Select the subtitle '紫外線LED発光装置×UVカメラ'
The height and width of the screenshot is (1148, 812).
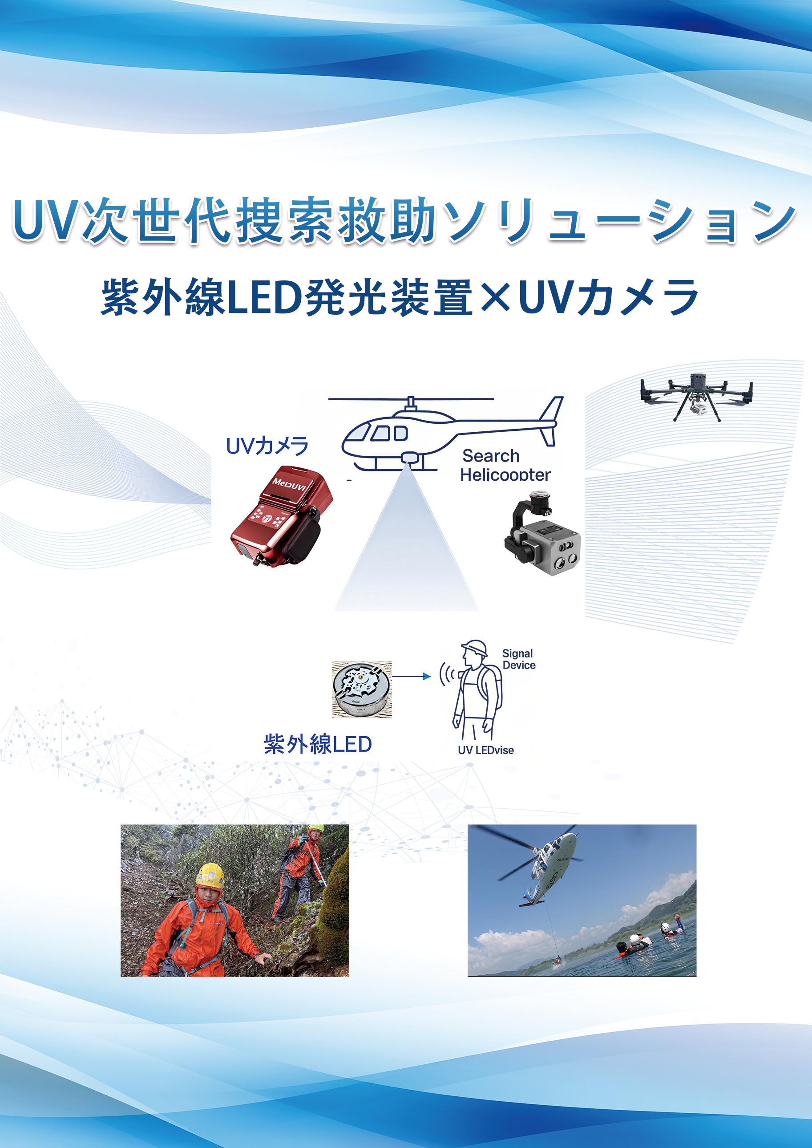(400, 297)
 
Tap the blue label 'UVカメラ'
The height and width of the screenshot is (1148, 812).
(267, 446)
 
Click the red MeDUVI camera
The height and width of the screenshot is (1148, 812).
(282, 516)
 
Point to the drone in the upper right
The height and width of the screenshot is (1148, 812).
(696, 397)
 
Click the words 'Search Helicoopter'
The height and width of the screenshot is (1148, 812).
(505, 465)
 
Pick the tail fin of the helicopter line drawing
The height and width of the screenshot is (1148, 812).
(550, 421)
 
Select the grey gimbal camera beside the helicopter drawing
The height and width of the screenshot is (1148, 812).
(542, 533)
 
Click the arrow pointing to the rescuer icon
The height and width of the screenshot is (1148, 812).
(411, 676)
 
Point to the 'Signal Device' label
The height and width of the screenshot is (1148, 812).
(518, 659)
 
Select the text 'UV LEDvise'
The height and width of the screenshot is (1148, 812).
(485, 750)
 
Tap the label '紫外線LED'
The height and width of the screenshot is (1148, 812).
(318, 744)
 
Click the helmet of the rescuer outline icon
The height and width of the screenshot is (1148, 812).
(474, 648)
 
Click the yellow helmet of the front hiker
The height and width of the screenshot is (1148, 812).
(210, 876)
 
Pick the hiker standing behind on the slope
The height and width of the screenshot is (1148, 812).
(299, 873)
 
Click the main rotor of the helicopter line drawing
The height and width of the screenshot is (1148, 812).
(411, 399)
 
